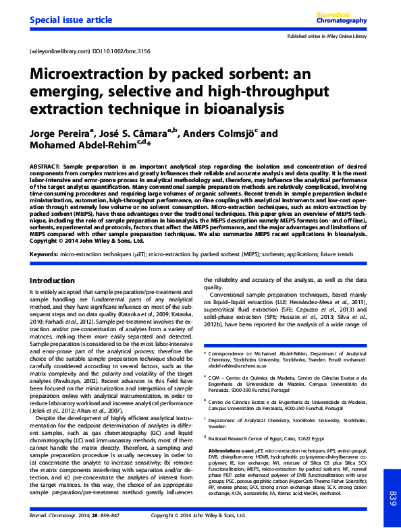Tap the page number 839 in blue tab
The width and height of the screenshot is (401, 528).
point(390,500)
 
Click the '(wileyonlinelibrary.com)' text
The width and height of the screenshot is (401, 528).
point(59,51)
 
